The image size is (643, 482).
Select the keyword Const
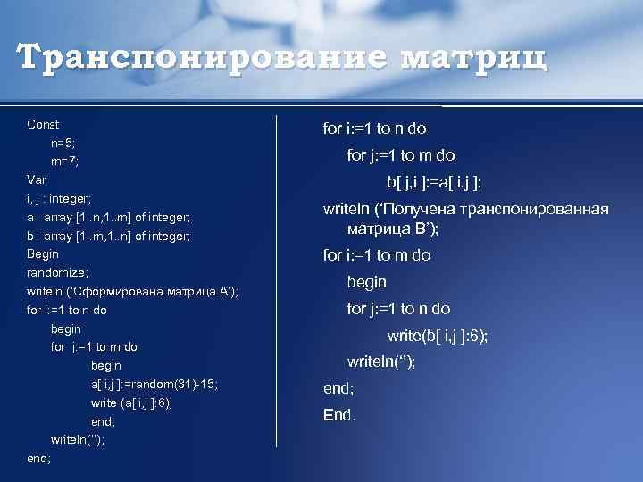[x=43, y=124]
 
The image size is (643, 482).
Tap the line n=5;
[x=63, y=143]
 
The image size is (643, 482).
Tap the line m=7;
[x=65, y=162]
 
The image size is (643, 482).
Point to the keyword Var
[x=37, y=179]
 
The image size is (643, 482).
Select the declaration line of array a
[x=109, y=217]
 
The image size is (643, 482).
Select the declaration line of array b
[x=109, y=236]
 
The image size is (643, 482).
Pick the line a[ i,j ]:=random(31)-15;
[x=154, y=384]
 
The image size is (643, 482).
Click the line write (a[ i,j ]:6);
[x=131, y=403]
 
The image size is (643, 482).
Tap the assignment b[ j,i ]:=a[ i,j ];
[x=434, y=183]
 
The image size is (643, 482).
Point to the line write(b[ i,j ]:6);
[x=437, y=337]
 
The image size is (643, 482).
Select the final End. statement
[x=339, y=415]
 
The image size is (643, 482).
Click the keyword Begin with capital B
[x=43, y=253]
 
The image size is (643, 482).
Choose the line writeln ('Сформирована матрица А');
[x=132, y=291]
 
